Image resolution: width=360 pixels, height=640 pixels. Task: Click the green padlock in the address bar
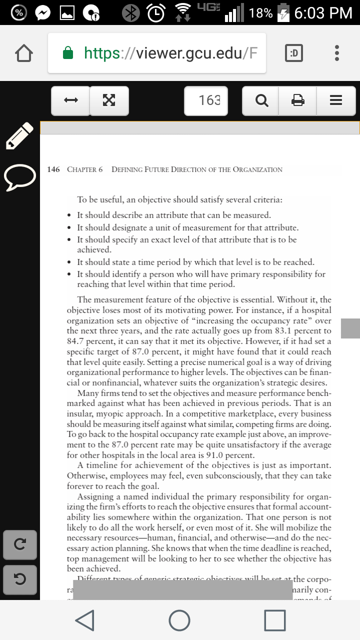(68, 53)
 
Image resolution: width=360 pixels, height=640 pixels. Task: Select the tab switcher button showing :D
(294, 53)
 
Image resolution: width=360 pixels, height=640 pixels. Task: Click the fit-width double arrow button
(71, 100)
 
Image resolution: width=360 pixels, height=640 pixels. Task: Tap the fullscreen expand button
(108, 100)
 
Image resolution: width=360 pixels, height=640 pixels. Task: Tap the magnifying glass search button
(261, 100)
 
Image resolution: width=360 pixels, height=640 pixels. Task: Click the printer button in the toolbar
(298, 100)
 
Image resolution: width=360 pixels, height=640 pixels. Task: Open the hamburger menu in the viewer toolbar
(336, 100)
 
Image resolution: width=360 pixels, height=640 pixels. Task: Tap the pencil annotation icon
(19, 135)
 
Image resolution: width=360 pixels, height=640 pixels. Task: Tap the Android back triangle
(85, 620)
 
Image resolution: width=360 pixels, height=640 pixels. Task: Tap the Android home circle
(179, 620)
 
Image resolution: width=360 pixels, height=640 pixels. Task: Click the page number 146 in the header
(53, 169)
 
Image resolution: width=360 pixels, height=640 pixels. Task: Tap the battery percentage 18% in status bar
(260, 13)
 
